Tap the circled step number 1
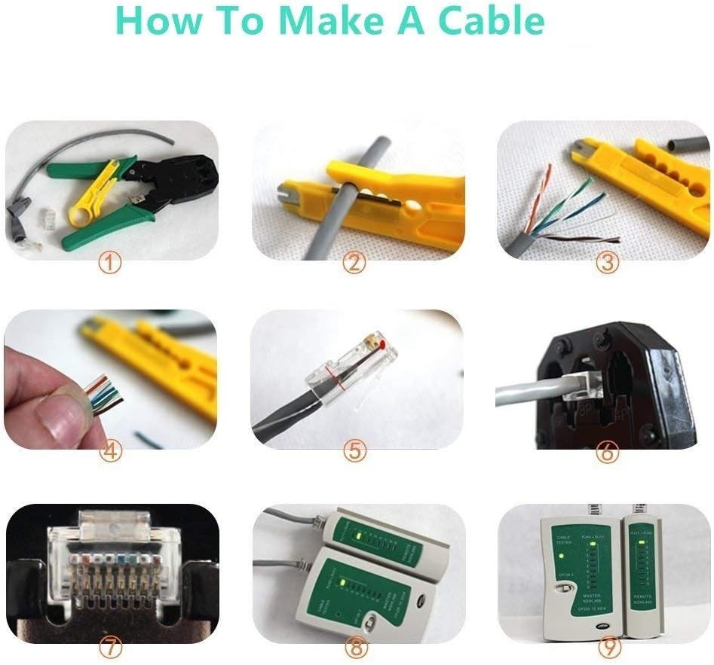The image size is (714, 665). point(111,263)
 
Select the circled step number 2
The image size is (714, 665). point(354,263)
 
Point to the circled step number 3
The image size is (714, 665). point(606,263)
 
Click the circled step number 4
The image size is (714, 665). point(111,451)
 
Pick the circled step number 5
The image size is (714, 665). point(354,451)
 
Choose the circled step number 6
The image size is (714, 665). point(606,453)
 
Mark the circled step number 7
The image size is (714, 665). point(111,646)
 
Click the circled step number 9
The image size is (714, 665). point(606,646)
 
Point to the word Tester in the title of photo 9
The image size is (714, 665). point(564,543)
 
